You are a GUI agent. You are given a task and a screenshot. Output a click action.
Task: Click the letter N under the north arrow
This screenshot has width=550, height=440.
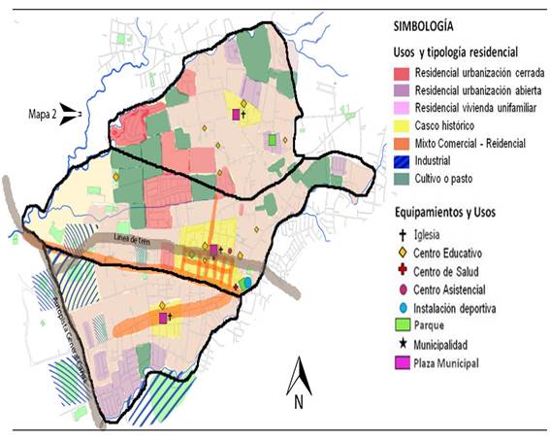coord(300,398)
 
